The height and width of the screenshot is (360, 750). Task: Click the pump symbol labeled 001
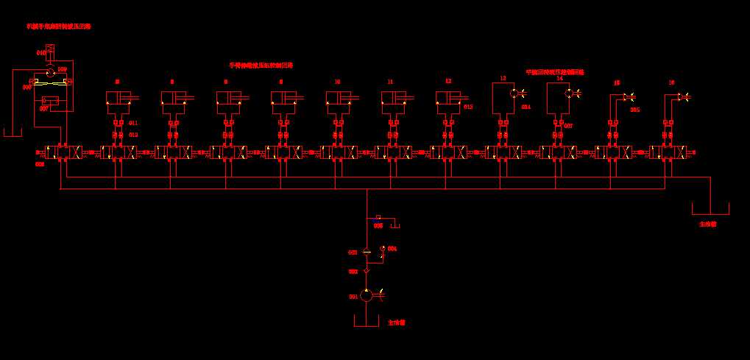367,296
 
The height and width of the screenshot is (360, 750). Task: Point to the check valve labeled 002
367,271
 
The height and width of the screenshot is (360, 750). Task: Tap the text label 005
378,225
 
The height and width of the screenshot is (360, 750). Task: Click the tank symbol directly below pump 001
367,322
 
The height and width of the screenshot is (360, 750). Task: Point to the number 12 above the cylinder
447,81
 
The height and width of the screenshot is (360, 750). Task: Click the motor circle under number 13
514,93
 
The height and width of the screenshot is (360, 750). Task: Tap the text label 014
526,107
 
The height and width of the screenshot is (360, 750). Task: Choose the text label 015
635,110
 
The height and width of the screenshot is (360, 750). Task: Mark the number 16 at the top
671,83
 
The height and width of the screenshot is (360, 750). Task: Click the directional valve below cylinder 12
447,152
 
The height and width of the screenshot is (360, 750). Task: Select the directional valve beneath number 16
668,152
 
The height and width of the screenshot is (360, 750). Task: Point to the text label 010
40,53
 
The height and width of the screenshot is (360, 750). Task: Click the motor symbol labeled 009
50,71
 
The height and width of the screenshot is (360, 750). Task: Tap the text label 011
133,122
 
